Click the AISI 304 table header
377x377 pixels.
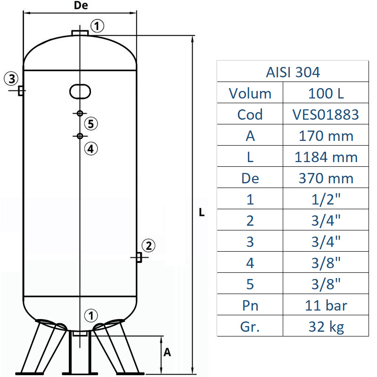click(293, 72)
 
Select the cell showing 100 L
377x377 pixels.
click(326, 93)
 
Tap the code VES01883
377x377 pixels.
click(326, 115)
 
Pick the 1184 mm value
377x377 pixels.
click(326, 157)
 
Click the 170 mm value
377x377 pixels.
click(326, 136)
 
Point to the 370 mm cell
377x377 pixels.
click(326, 178)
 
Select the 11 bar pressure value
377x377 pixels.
click(326, 305)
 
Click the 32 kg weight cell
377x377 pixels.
click(326, 327)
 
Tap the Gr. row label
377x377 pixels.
click(250, 327)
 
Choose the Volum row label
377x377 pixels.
click(250, 93)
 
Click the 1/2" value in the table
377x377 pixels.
click(326, 199)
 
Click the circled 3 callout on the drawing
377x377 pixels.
click(12, 78)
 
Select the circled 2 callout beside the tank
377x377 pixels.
click(148, 245)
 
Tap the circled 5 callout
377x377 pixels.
click(91, 124)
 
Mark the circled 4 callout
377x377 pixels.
click(91, 148)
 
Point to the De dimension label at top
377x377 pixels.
click(81, 6)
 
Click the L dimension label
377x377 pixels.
click(202, 213)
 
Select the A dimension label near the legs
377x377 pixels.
click(167, 352)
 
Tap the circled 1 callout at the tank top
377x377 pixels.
click(97, 26)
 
